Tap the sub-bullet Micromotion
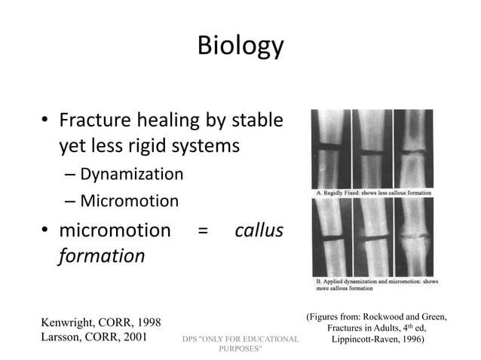coord(127,201)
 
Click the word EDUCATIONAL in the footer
coord(263,340)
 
